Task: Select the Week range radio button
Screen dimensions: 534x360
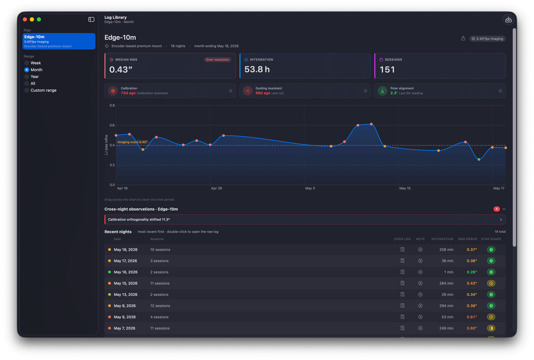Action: click(x=27, y=63)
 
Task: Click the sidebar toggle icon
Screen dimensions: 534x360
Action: click(x=91, y=19)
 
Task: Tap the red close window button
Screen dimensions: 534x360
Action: click(x=25, y=19)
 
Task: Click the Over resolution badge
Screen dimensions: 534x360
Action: click(x=217, y=60)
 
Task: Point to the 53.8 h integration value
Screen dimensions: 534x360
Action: click(x=257, y=69)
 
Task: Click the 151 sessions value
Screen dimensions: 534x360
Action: click(x=387, y=70)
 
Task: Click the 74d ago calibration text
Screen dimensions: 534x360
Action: click(x=128, y=93)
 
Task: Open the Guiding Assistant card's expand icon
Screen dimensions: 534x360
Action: click(x=366, y=91)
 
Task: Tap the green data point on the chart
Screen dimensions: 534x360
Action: click(x=479, y=160)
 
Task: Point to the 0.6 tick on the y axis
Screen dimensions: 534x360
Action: click(x=112, y=125)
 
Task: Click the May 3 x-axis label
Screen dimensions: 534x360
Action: click(x=310, y=188)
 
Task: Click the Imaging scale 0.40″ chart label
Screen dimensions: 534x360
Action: click(x=132, y=142)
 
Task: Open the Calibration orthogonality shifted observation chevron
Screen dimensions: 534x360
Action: click(x=501, y=220)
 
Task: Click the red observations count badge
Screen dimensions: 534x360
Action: click(x=497, y=209)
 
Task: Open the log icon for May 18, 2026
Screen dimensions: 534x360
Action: click(x=402, y=250)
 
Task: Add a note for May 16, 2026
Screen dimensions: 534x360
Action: click(x=420, y=272)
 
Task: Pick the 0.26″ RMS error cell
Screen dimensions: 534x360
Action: click(x=472, y=272)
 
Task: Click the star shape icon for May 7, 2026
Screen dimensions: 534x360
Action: click(x=491, y=328)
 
